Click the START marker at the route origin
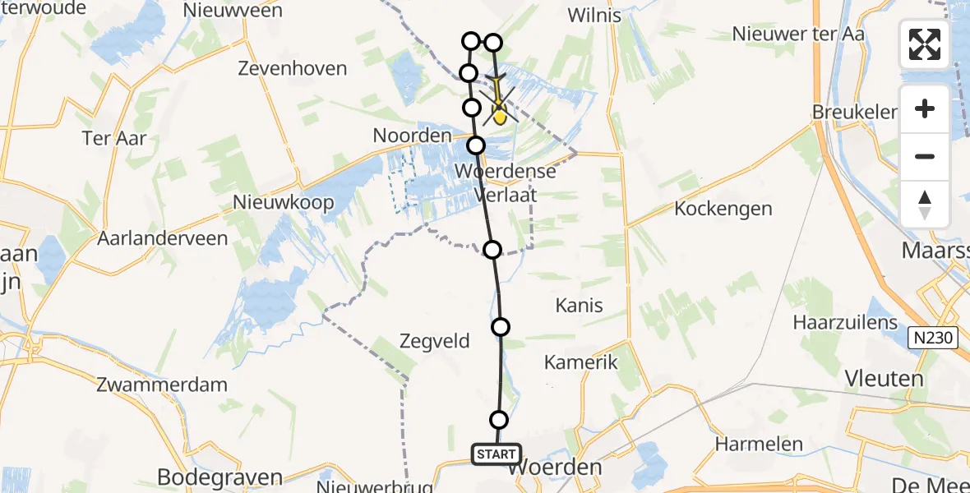point(497,454)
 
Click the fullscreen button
point(925,44)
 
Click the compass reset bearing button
point(925,205)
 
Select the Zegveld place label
point(434,339)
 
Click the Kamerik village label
point(580,362)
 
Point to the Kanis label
point(579,306)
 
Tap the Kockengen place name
point(723,209)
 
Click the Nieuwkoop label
point(284,202)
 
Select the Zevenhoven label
point(293,68)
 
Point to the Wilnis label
point(594,16)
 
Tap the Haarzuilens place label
point(845,322)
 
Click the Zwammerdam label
point(162,384)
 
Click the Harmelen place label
point(758,445)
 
